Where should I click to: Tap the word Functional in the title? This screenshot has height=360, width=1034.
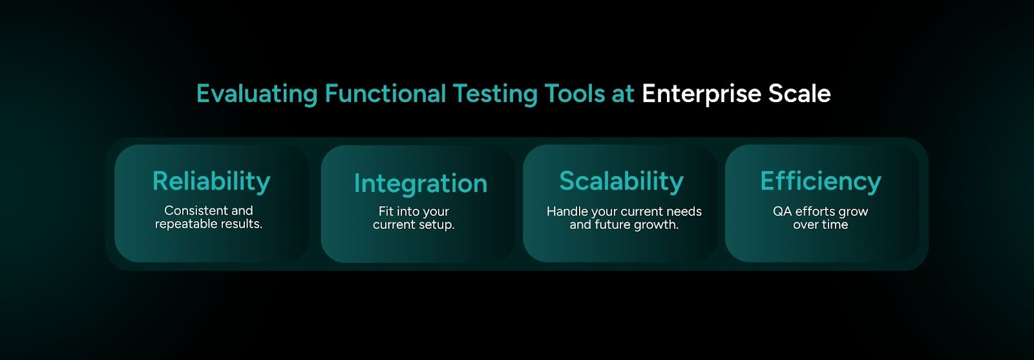(385, 94)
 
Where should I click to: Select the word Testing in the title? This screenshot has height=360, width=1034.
(494, 94)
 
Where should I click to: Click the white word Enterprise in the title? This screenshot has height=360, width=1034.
(701, 94)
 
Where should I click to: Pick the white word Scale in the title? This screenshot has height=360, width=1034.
(799, 94)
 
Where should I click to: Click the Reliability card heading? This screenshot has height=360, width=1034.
(211, 182)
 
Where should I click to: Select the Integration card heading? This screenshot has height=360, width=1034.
(421, 184)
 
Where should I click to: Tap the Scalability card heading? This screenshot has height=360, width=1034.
(621, 182)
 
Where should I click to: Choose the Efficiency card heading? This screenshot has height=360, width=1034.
(821, 182)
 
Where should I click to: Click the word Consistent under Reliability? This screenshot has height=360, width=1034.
(195, 211)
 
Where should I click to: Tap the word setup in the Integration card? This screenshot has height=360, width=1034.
(436, 225)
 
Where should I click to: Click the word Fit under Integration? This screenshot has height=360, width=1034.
(386, 211)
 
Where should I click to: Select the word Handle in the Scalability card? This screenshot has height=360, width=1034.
(567, 211)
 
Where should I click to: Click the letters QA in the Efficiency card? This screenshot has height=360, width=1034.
(782, 211)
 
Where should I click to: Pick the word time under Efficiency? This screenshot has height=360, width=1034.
(834, 225)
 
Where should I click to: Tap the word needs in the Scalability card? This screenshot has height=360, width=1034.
(684, 211)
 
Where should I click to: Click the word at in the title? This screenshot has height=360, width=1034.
(623, 94)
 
